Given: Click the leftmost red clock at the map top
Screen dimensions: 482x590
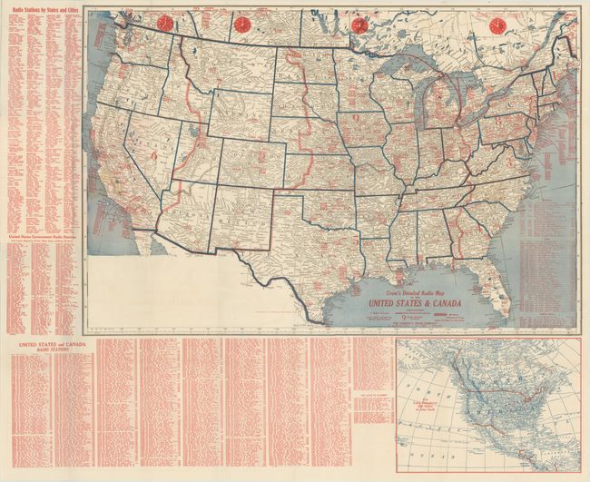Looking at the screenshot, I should click(165, 24).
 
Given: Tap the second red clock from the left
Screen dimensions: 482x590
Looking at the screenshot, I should click(243, 25).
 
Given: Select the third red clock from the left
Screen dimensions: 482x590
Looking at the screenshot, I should click(360, 25).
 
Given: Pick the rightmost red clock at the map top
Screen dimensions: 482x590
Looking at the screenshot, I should click(497, 25).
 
